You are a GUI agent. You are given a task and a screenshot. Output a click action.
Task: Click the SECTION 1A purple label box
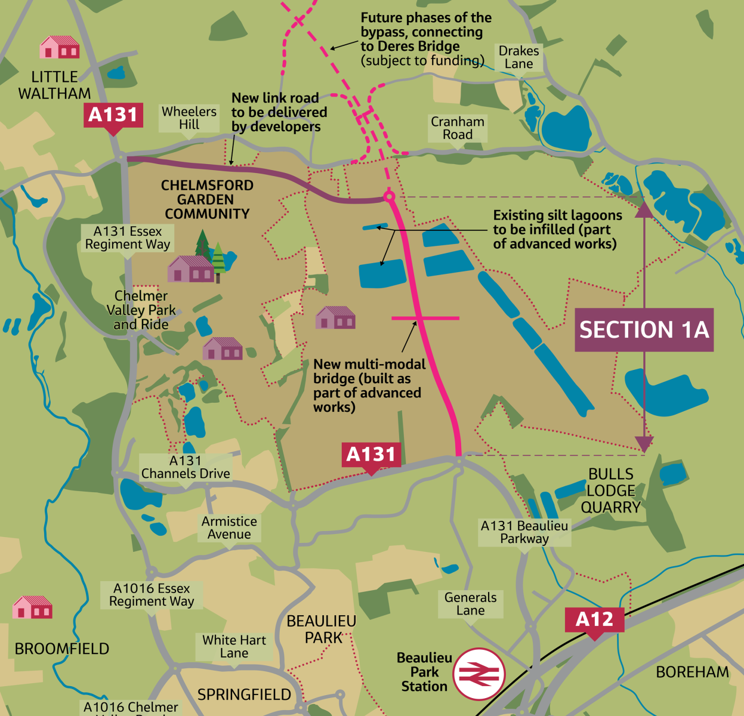(x=644, y=329)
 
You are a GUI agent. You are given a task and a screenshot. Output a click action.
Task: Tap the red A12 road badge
(x=594, y=620)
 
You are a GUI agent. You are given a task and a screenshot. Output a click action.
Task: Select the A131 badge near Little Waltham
(x=113, y=114)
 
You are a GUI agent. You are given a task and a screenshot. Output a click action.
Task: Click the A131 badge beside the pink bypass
(x=371, y=455)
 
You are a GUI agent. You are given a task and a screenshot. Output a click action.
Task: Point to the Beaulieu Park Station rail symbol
(x=479, y=674)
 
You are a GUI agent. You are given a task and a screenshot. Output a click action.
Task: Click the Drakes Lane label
(x=518, y=57)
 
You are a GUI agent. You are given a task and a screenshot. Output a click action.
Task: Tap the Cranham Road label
(x=458, y=128)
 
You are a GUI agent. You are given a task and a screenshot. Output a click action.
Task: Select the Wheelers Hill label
(x=189, y=118)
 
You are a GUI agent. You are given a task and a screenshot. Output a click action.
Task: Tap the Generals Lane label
(x=470, y=604)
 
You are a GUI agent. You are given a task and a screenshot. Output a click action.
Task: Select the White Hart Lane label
(x=234, y=647)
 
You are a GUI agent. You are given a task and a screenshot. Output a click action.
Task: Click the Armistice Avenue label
(x=229, y=528)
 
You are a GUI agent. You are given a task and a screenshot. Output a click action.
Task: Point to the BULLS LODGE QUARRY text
(x=611, y=490)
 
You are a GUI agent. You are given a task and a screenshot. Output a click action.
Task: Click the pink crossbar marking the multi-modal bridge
(x=425, y=318)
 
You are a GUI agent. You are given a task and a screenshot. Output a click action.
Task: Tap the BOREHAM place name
(x=692, y=672)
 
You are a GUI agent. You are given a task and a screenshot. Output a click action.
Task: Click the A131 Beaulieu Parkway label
(x=524, y=532)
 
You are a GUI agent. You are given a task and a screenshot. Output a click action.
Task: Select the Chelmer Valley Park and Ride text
(x=141, y=310)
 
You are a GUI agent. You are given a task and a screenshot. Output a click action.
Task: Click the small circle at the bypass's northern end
(x=389, y=196)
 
